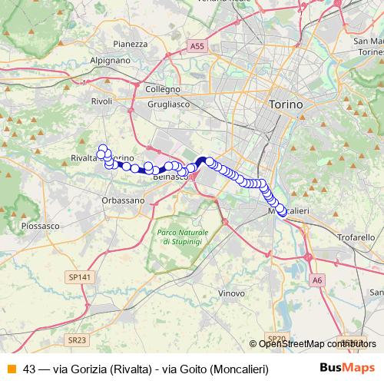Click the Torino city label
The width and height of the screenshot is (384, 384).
(x=286, y=104)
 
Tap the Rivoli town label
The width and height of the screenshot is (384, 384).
(x=101, y=101)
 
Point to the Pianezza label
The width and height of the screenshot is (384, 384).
(x=129, y=44)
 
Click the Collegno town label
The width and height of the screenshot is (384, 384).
(x=162, y=89)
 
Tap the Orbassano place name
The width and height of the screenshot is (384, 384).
(x=122, y=200)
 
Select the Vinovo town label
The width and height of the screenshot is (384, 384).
(x=231, y=293)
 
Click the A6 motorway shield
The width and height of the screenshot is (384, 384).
(x=318, y=280)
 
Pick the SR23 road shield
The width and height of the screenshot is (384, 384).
(x=76, y=339)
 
